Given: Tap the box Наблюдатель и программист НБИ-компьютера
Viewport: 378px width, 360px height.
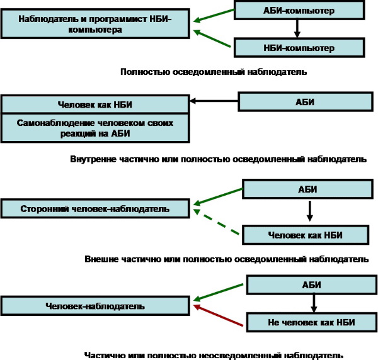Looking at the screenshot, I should click(94, 23).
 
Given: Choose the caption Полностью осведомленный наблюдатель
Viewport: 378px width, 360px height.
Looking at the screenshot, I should click(214, 72).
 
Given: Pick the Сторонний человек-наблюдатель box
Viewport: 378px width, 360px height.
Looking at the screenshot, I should click(94, 208).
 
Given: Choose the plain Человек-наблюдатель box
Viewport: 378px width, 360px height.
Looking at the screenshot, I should click(94, 306).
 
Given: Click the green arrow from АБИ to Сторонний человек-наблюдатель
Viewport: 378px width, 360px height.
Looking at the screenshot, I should click(217, 196).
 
